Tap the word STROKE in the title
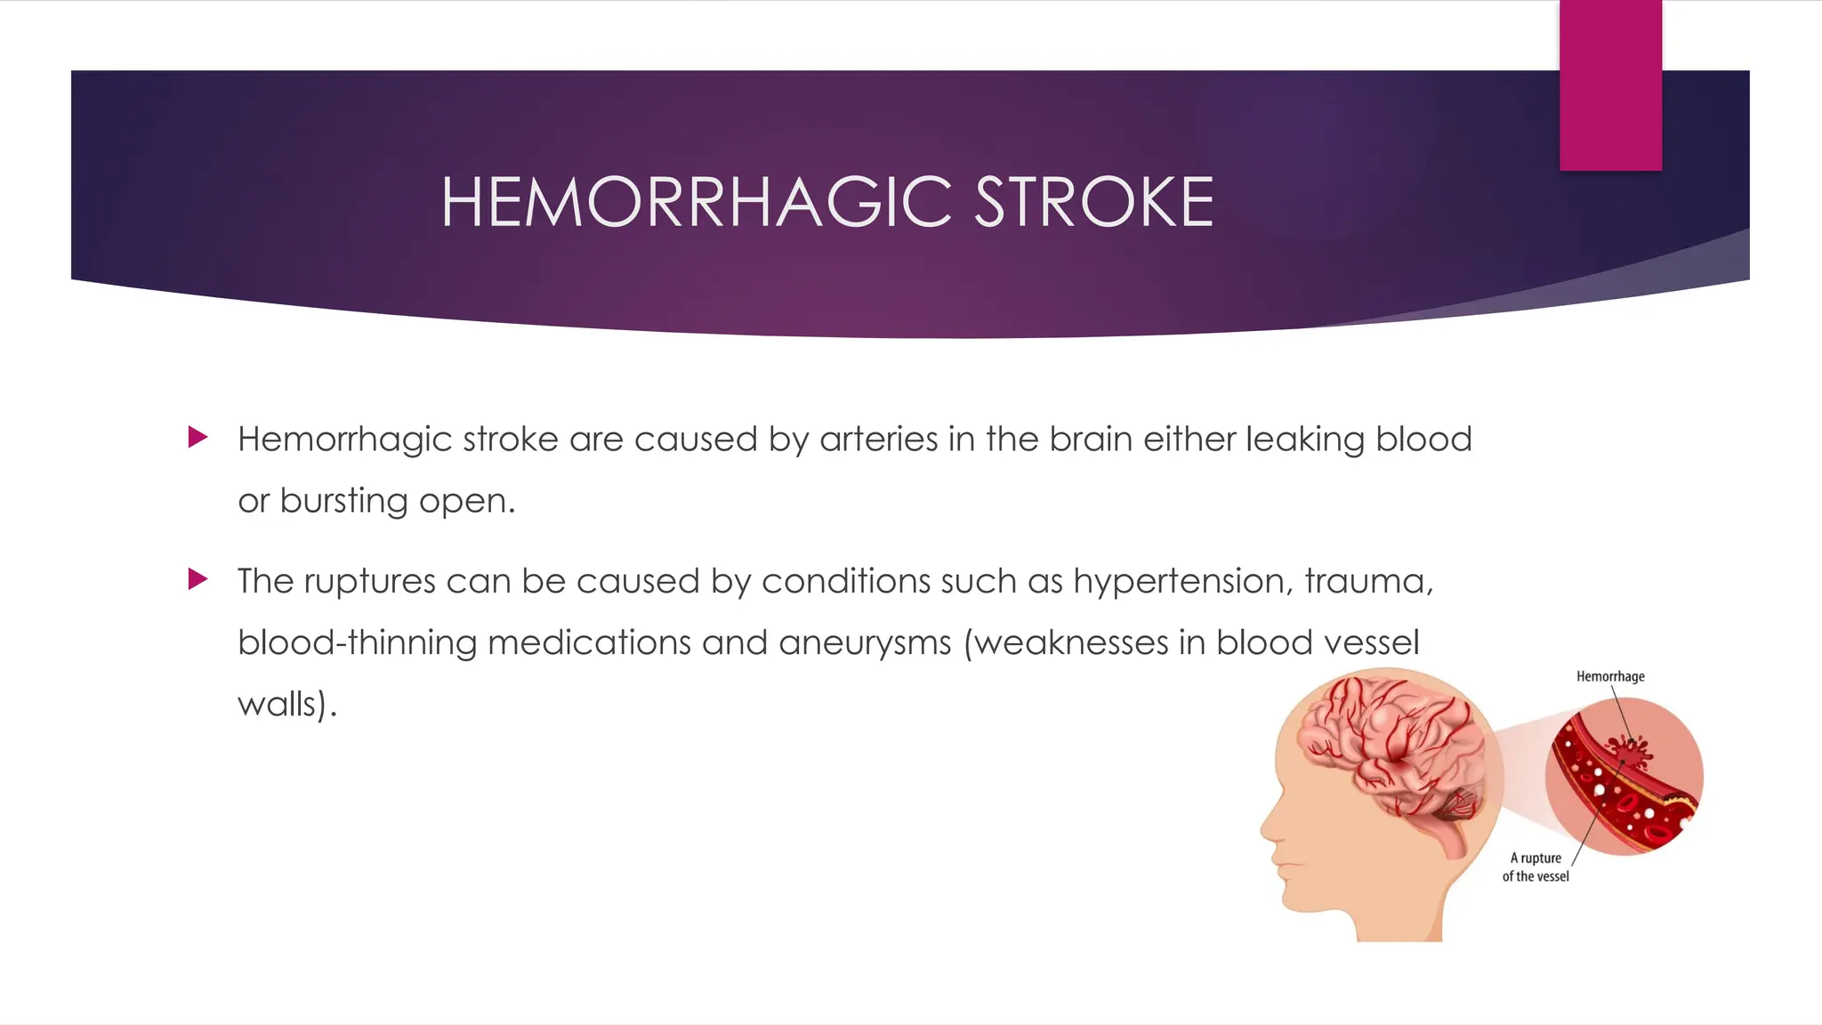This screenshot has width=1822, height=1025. click(1093, 202)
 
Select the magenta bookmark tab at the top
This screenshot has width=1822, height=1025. click(1610, 85)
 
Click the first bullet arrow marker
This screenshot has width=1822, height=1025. click(198, 437)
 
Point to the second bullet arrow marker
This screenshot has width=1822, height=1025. click(198, 579)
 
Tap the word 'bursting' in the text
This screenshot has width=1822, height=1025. click(343, 501)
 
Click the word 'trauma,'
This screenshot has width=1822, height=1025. click(1369, 581)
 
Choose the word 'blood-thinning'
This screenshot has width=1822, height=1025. click(358, 642)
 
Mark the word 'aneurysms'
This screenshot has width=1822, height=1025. click(865, 643)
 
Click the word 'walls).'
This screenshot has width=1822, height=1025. click(287, 705)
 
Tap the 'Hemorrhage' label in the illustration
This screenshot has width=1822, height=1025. click(1610, 676)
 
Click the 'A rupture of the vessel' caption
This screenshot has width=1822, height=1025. click(1536, 867)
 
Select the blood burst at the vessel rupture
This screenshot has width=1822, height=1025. click(1628, 753)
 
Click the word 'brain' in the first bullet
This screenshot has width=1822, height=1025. click(1091, 439)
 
